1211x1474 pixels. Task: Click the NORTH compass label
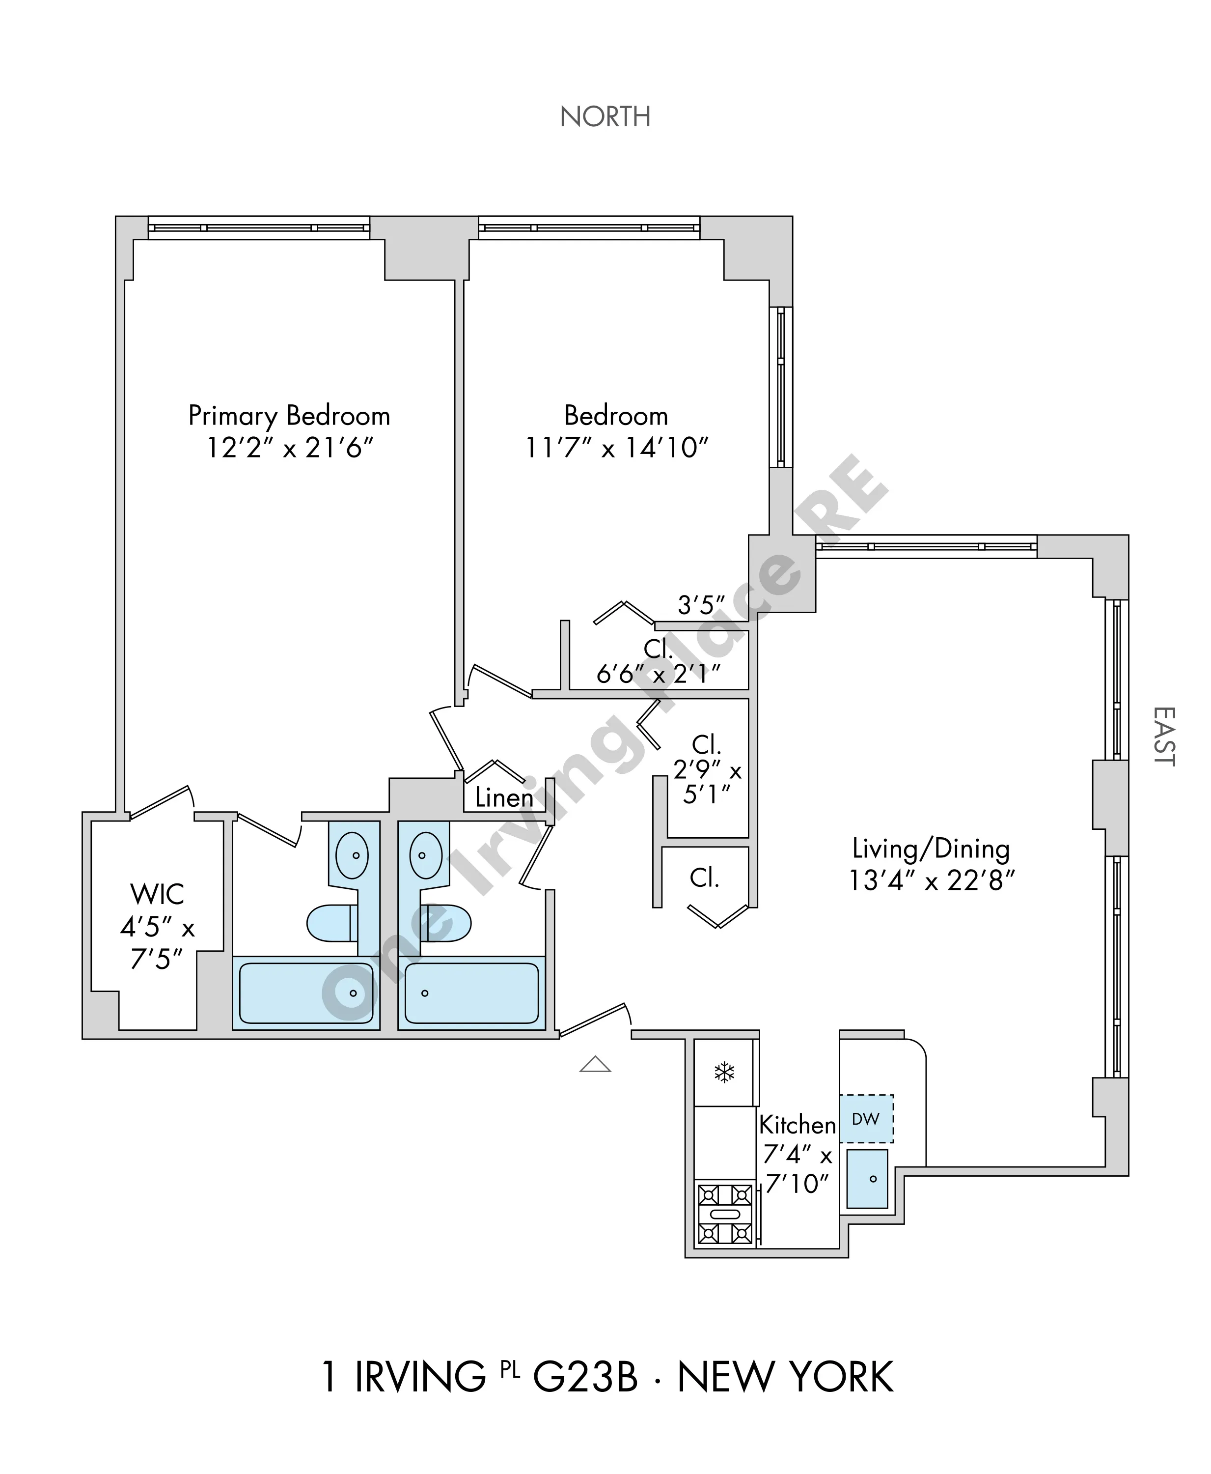605,116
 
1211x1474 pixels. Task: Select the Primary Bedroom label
289,416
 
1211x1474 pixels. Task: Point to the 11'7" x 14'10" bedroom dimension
617,448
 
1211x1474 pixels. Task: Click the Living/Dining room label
931,849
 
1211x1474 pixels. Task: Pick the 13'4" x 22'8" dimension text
931,881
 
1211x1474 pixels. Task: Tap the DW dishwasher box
866,1119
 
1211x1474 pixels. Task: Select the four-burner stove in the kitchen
725,1215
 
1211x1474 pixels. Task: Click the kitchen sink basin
867,1180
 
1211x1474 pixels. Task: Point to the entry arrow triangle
595,1064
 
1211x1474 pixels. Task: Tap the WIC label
157,894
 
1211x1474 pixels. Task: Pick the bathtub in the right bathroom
471,993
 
